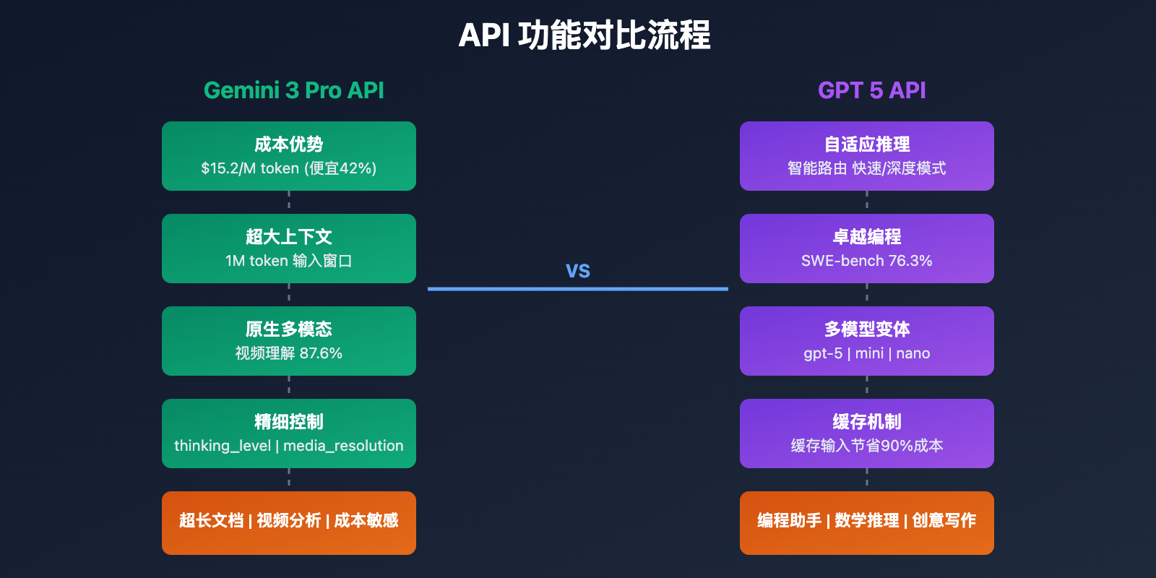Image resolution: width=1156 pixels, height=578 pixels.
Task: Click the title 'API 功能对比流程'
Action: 584,35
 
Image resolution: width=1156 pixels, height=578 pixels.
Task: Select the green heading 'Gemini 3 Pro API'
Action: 293,90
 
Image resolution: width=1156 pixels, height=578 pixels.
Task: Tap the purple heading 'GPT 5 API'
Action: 871,90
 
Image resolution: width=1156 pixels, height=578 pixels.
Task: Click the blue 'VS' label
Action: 578,271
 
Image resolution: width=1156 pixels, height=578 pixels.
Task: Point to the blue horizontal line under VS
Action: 578,289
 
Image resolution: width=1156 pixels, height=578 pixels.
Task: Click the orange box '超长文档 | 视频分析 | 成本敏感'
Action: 289,522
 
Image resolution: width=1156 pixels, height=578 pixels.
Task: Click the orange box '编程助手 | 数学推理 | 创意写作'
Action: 867,522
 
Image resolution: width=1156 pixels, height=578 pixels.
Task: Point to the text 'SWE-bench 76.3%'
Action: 867,261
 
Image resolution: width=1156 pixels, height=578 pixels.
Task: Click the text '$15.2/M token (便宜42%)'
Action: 289,168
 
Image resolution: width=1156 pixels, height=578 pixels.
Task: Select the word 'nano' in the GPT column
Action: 913,353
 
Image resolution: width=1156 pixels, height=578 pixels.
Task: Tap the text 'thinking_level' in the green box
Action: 222,446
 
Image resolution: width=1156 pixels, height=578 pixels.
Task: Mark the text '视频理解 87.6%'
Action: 289,353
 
